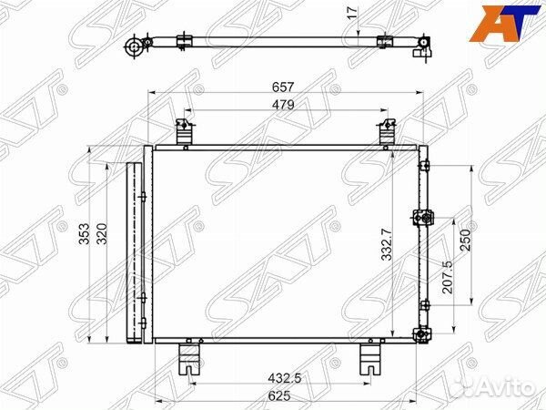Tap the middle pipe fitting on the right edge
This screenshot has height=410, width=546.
(422, 218)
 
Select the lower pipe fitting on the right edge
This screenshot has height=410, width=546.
(421, 334)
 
